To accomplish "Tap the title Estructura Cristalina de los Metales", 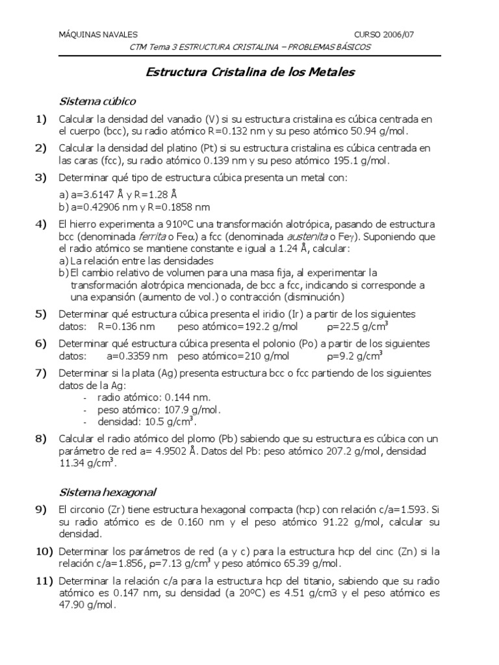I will click(x=249, y=72).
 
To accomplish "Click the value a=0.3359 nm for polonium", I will click(x=136, y=356).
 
